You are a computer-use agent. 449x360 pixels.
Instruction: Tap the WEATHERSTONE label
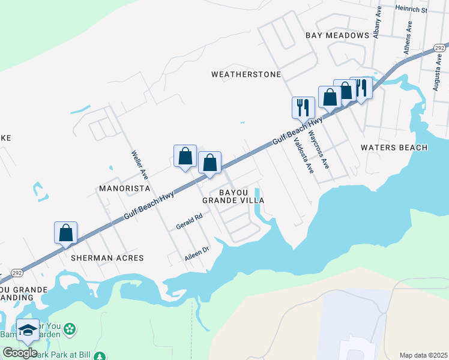[x=246, y=74]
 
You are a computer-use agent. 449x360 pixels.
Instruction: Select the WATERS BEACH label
[x=394, y=148]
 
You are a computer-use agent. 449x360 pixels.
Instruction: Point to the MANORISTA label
[x=123, y=188]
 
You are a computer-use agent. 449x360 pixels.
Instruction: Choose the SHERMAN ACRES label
[x=107, y=258]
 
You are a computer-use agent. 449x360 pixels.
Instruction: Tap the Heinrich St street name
[x=411, y=10]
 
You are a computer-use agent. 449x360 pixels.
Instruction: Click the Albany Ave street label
[x=376, y=25]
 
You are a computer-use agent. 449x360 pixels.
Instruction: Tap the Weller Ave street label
[x=140, y=165]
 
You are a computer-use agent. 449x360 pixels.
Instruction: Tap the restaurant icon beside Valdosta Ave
[x=303, y=108]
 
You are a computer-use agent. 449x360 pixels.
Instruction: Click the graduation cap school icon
[x=28, y=330]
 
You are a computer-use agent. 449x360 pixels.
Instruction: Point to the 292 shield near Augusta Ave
[x=441, y=47]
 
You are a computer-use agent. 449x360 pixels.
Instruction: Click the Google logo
[x=20, y=352]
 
